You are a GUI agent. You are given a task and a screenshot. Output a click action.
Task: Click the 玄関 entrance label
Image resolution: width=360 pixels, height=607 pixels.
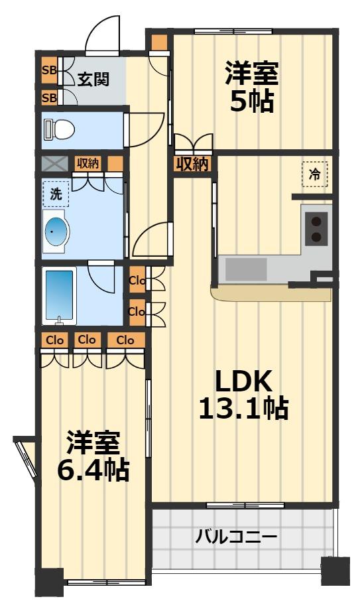pos(93,79)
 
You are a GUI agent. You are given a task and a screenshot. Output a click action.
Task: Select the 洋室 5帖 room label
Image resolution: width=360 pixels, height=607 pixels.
pos(251,87)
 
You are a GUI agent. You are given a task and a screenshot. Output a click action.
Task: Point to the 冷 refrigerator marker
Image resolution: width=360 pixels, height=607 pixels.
pos(315,174)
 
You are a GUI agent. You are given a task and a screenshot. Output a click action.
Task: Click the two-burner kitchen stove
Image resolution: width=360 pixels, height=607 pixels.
pos(317,229)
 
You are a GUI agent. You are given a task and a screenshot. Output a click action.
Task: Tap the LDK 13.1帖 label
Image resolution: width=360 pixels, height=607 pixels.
pos(243,395)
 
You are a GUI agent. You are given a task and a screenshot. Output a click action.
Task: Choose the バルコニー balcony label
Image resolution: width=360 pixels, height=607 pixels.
pos(236,537)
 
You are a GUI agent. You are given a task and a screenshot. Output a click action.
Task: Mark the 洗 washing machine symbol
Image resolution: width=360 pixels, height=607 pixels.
pos(56,194)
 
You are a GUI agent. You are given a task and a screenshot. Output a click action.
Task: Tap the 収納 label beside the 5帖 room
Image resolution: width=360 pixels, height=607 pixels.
pos(192,164)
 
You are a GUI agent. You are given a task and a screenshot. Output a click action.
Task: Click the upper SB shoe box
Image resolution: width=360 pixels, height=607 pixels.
pos(49,69)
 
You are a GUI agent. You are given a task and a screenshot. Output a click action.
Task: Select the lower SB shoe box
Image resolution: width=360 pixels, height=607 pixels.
pos(49,98)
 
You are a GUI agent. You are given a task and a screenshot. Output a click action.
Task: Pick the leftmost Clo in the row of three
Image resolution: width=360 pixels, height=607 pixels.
pos(55,340)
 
